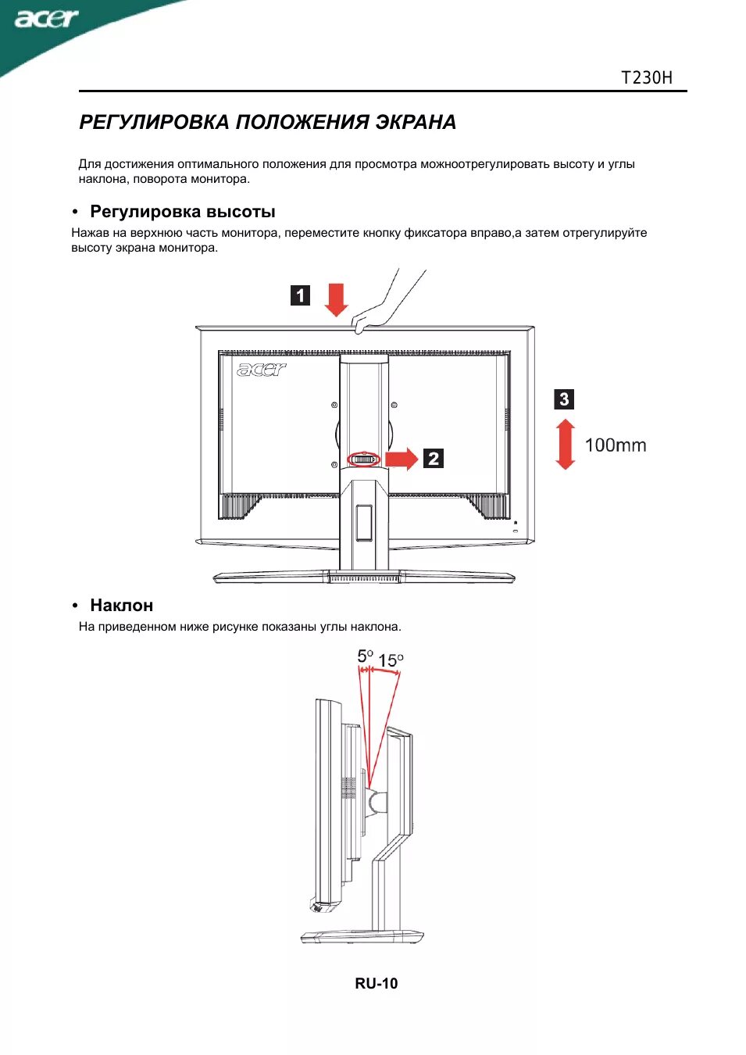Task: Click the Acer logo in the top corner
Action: point(47,19)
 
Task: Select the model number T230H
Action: point(646,77)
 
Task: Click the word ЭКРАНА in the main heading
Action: point(416,123)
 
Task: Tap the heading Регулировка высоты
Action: point(182,212)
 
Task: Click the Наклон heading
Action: point(121,606)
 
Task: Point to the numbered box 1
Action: point(301,295)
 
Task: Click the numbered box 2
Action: point(434,459)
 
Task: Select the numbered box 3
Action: point(564,399)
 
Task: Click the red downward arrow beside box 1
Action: point(336,299)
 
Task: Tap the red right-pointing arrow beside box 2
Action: point(402,459)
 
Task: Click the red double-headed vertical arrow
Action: point(565,445)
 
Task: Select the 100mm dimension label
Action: point(616,445)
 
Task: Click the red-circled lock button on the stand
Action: point(363,460)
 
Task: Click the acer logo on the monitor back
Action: point(262,369)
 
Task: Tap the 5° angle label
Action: point(365,656)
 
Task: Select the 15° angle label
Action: point(391,661)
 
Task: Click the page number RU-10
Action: point(377,984)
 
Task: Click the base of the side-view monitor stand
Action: point(362,936)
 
